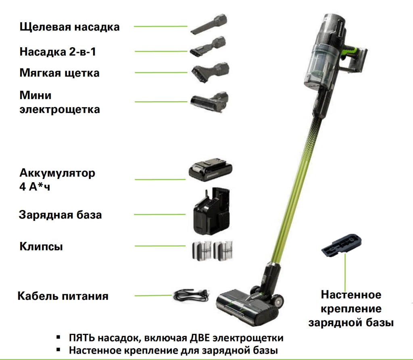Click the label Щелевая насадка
pos(69,27)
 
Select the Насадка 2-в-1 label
pos(58,52)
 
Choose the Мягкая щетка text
pos(59,73)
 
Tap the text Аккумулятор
pos(58,173)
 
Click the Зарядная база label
pos(60,214)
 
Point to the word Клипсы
pos(41,246)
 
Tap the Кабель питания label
pos(63,296)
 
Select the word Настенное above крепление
pos(351,295)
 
